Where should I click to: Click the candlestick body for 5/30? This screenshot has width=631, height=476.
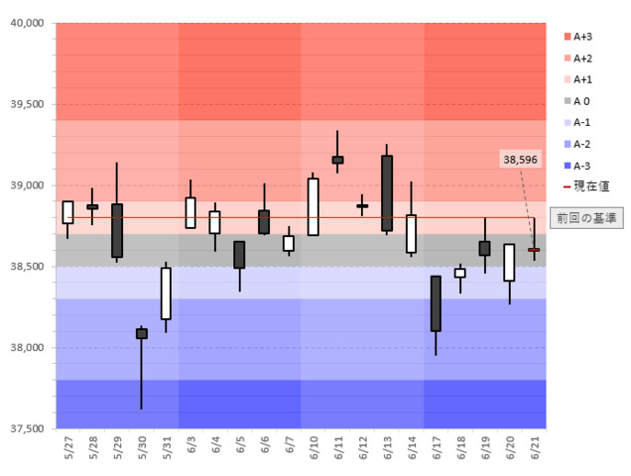pyautogui.click(x=141, y=333)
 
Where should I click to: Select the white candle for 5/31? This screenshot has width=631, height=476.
pyautogui.click(x=166, y=293)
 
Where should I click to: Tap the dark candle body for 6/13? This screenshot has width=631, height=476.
pyautogui.click(x=387, y=192)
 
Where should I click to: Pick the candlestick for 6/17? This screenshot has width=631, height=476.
pyautogui.click(x=436, y=303)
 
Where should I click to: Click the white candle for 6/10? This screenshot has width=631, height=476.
pyautogui.click(x=314, y=206)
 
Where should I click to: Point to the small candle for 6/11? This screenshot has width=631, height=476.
pyautogui.click(x=337, y=159)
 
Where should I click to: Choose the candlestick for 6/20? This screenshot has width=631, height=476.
pyautogui.click(x=509, y=262)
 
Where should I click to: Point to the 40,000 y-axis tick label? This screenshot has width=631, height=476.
pyautogui.click(x=28, y=23)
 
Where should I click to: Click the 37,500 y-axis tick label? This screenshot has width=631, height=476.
pyautogui.click(x=28, y=428)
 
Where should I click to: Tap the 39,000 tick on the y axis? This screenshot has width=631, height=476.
pyautogui.click(x=28, y=185)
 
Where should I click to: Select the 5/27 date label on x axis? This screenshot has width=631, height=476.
pyautogui.click(x=67, y=448)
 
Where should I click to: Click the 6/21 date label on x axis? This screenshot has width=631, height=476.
pyautogui.click(x=534, y=448)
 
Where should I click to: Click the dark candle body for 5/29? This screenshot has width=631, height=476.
pyautogui.click(x=117, y=230)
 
